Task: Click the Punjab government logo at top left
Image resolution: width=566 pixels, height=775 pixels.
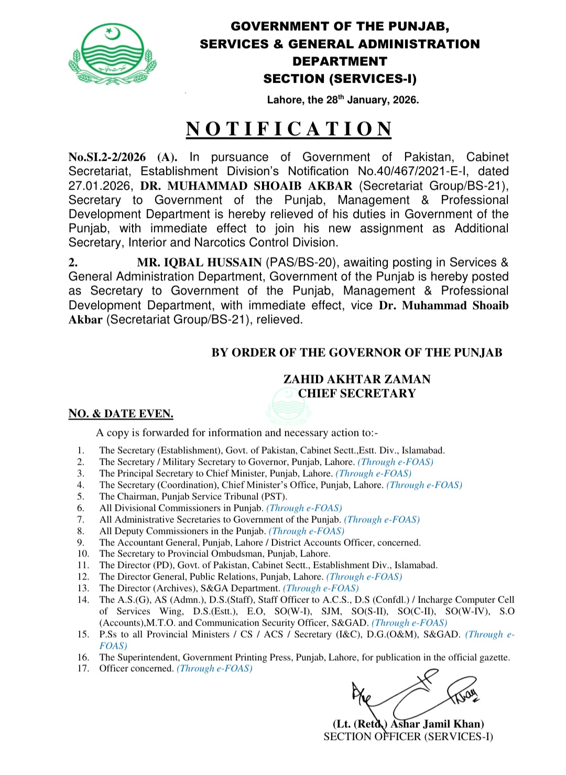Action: (112, 54)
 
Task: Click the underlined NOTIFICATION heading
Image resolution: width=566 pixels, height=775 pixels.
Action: (289, 129)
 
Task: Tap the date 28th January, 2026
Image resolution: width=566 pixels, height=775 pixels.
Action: (343, 100)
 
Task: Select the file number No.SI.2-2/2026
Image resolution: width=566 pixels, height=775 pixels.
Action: (107, 157)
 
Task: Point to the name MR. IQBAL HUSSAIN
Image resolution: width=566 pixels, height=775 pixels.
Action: (199, 263)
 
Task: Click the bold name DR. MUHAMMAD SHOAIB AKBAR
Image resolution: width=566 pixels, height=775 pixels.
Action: (246, 186)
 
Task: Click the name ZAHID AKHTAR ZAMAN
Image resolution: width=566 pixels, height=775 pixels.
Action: (357, 379)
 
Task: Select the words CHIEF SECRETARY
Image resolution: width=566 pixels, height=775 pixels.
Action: (357, 393)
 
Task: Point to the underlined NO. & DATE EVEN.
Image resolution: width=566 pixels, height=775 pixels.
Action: (121, 413)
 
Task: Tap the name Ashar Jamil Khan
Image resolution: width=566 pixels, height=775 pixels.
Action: (437, 724)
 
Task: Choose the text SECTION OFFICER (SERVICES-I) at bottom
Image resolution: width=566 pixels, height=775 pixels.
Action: (408, 737)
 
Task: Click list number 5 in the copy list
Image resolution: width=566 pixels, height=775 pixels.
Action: (81, 496)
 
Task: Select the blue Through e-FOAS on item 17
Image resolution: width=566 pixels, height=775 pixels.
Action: (214, 669)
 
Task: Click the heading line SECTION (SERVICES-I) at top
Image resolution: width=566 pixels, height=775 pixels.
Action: (340, 79)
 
